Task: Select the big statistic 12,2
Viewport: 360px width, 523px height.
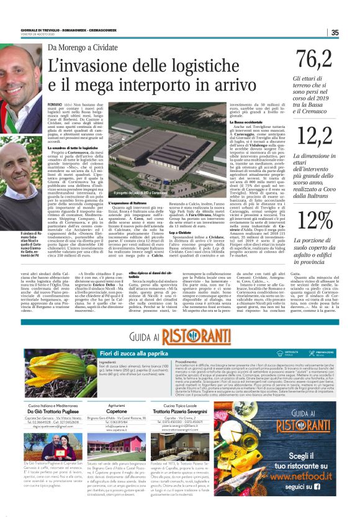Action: pos(313,134)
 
